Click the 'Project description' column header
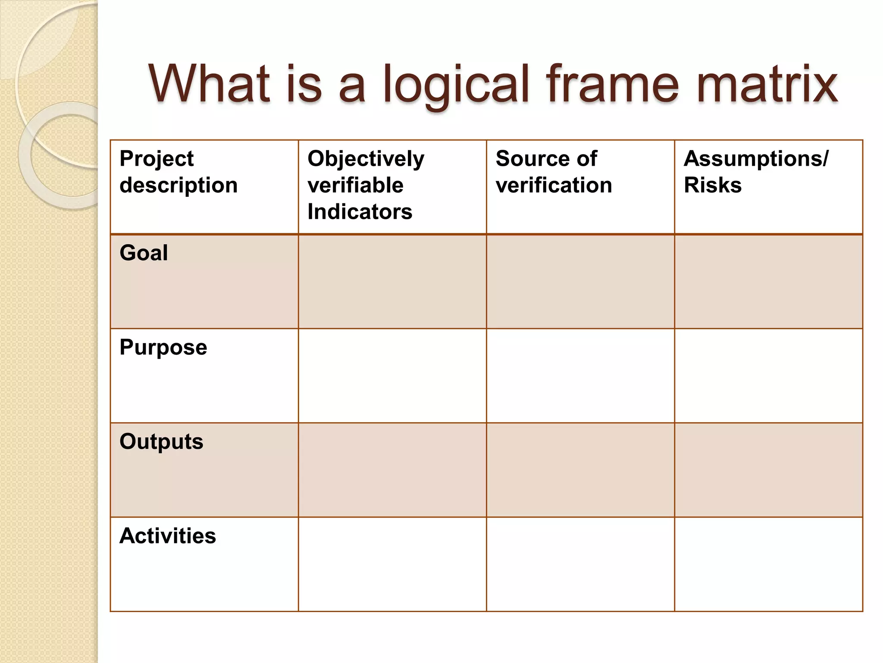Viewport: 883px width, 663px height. (x=178, y=172)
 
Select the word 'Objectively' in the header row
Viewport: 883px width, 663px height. (x=366, y=159)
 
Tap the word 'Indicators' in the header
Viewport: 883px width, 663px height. (x=360, y=212)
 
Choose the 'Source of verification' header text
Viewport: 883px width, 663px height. (x=554, y=172)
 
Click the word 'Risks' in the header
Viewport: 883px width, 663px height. (x=712, y=185)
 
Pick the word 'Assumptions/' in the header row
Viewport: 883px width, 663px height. (x=756, y=159)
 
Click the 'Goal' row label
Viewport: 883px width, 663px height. (x=144, y=253)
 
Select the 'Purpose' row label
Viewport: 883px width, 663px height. (x=163, y=347)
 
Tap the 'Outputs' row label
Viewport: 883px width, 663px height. (x=161, y=442)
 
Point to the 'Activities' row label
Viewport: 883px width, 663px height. (x=168, y=536)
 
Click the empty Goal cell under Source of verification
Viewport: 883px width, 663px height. (x=580, y=281)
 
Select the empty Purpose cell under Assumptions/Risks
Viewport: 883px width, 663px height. (x=768, y=376)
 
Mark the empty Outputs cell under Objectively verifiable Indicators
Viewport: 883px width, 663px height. (x=392, y=470)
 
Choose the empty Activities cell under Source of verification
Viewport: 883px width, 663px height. (x=580, y=564)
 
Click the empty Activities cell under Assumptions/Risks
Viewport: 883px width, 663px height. (x=768, y=564)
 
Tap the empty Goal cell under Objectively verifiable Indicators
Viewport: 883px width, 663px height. (x=392, y=281)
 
